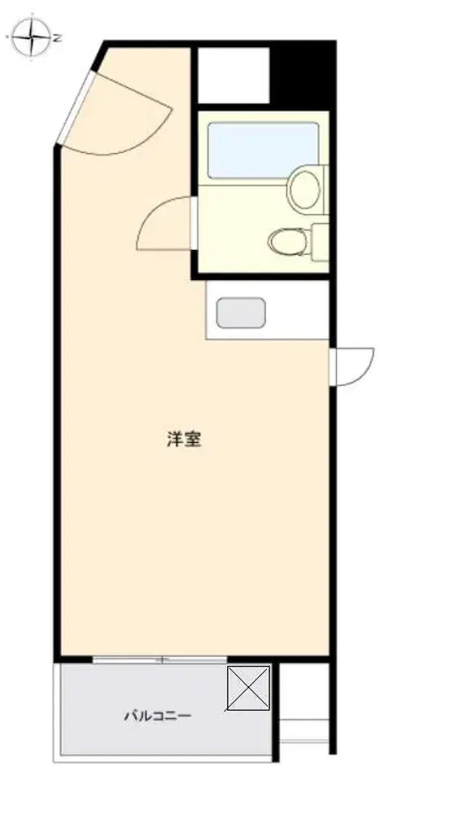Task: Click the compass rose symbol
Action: [x=33, y=37]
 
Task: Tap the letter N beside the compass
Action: [x=59, y=38]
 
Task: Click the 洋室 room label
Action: [x=184, y=440]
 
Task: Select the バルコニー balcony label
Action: [x=157, y=716]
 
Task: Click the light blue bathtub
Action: [x=263, y=151]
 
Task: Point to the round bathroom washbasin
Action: [x=305, y=190]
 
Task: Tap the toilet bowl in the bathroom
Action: [x=287, y=241]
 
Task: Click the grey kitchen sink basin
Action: [x=241, y=313]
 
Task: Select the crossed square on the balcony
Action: [x=248, y=689]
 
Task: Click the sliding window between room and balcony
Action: [x=159, y=660]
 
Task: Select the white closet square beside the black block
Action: [x=234, y=76]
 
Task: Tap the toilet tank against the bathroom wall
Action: [x=320, y=242]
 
